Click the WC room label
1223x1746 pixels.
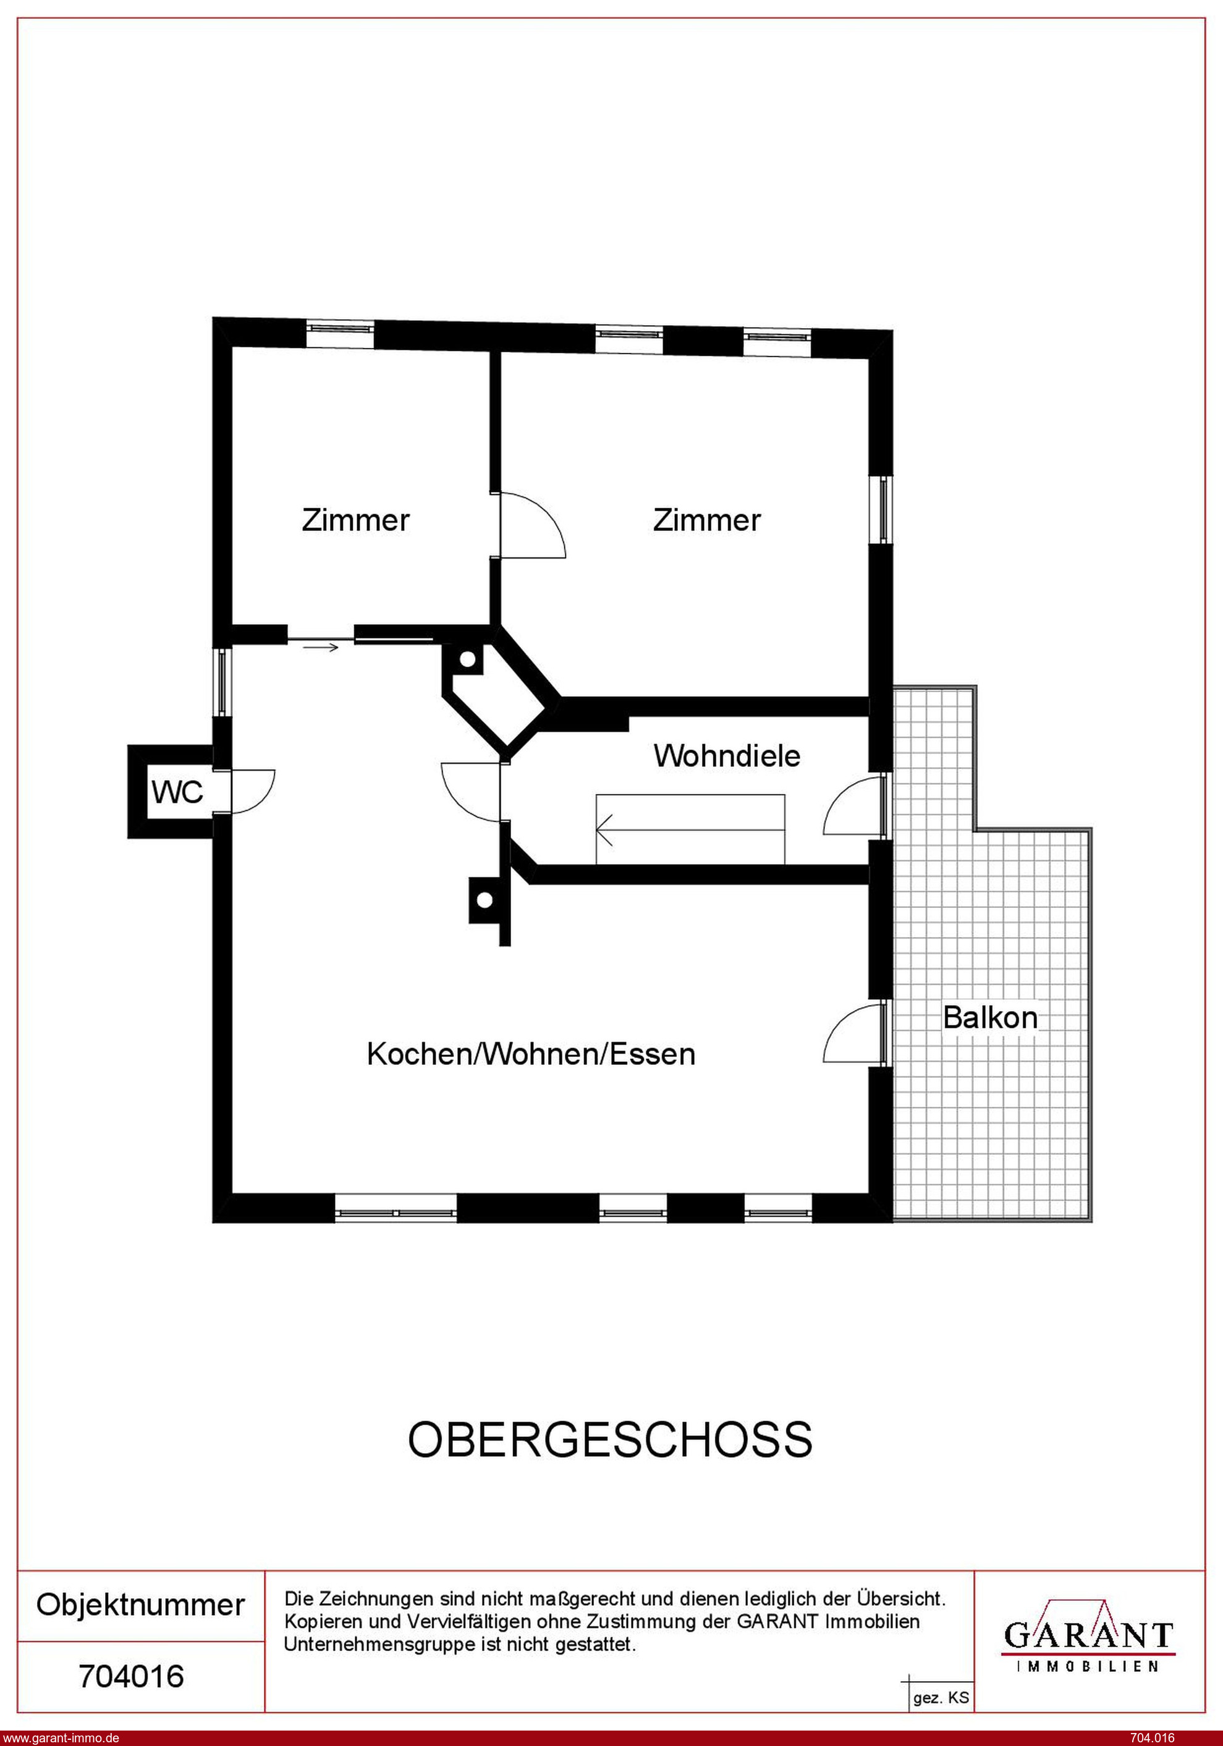[x=177, y=792]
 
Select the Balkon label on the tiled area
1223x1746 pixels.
[x=989, y=1017]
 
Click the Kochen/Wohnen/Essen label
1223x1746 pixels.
[x=531, y=1054]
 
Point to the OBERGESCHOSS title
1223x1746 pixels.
[x=610, y=1439]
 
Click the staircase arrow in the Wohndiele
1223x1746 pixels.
[x=690, y=829]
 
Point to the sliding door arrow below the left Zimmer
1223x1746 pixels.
[x=320, y=648]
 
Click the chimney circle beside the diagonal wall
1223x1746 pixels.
[x=468, y=659]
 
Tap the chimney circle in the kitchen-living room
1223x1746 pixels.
[x=485, y=902]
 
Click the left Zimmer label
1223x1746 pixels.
[x=355, y=520]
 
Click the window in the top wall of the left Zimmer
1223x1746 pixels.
[x=340, y=329]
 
